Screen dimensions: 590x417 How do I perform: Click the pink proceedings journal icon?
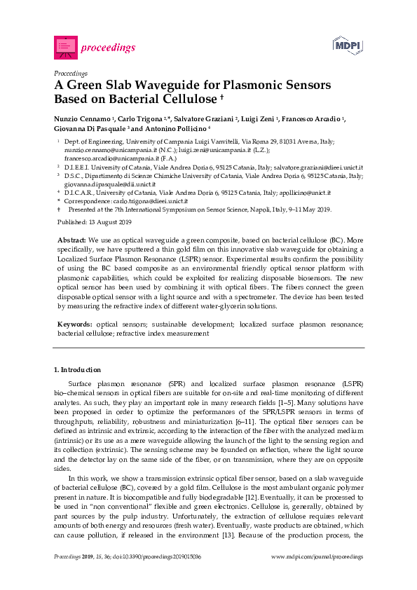tap(66, 47)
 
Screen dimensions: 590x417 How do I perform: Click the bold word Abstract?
tap(72, 240)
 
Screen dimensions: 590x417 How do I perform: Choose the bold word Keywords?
tap(74, 324)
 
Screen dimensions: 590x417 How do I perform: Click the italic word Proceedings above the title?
tap(70, 72)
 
